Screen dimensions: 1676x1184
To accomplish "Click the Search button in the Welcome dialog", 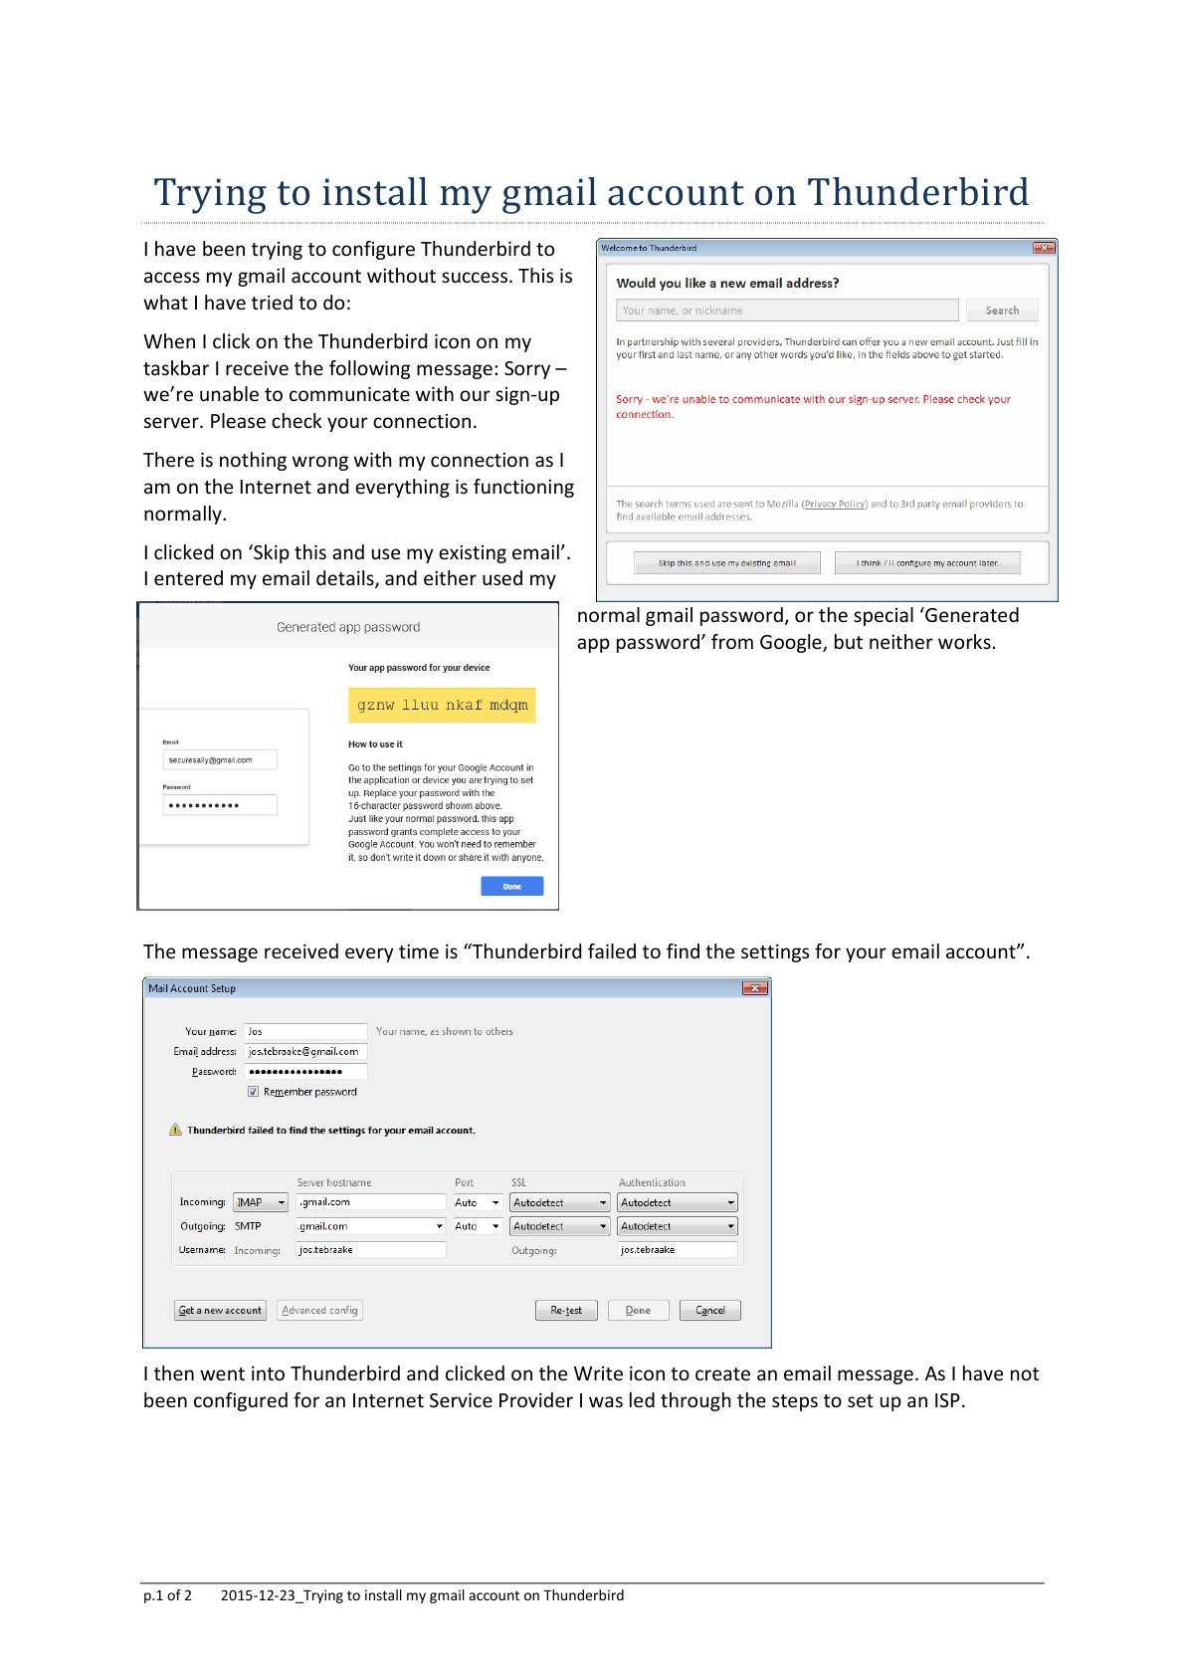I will [1002, 311].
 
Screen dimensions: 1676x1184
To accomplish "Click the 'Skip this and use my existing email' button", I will [726, 563].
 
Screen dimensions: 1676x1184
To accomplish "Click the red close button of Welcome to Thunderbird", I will [1043, 248].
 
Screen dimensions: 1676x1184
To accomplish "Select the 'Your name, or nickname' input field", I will [786, 311].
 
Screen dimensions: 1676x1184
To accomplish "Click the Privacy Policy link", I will [835, 504].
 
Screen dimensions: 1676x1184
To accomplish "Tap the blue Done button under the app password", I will [511, 886].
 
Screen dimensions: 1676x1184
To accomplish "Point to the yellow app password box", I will [442, 705].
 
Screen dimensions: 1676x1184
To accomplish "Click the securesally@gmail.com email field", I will [220, 760].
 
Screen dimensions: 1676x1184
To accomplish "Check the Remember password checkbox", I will [254, 1092].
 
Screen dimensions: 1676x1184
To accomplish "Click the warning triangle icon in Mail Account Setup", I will [176, 1130].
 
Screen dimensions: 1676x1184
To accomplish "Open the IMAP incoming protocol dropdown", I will [261, 1202].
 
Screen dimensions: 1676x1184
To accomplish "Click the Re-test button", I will [566, 1310].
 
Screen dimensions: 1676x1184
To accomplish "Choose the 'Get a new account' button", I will [220, 1310].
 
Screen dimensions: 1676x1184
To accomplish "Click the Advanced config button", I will [319, 1310].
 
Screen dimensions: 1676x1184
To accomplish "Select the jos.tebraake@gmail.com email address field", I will [305, 1051].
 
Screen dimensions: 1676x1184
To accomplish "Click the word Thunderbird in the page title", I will [917, 192].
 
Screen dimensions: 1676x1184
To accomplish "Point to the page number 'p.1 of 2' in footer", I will [167, 1595].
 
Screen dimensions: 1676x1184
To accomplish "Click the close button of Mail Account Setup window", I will [755, 988].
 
